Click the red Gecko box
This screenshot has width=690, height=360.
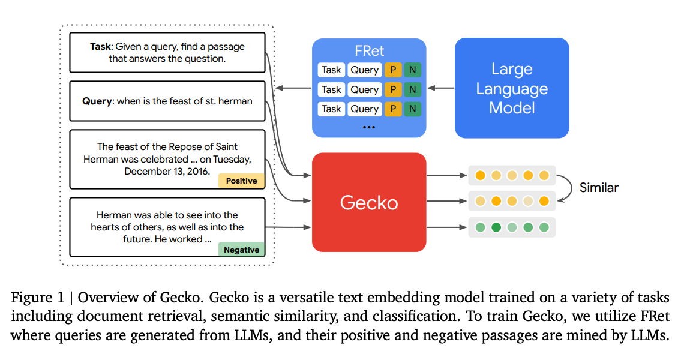[x=369, y=202]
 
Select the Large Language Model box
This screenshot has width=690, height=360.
[x=511, y=88]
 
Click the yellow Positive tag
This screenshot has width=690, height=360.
[x=241, y=181]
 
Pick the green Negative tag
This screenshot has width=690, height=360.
[x=241, y=250]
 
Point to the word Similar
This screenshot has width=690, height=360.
[x=599, y=188]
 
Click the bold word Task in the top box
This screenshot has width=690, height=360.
[x=100, y=46]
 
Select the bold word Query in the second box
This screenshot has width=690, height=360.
[x=97, y=101]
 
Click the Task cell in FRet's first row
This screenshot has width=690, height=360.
[x=331, y=70]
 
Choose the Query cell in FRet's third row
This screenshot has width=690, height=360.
[x=364, y=109]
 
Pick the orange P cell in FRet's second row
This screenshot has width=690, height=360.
[x=393, y=89]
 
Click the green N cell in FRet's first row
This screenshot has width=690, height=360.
[x=413, y=70]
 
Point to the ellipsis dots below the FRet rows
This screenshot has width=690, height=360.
[x=369, y=127]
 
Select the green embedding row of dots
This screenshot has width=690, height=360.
[x=512, y=227]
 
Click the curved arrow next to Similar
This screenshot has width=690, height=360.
[x=564, y=188]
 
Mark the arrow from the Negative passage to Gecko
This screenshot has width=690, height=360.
[x=288, y=227]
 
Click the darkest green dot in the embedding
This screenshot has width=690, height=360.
[x=496, y=227]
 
